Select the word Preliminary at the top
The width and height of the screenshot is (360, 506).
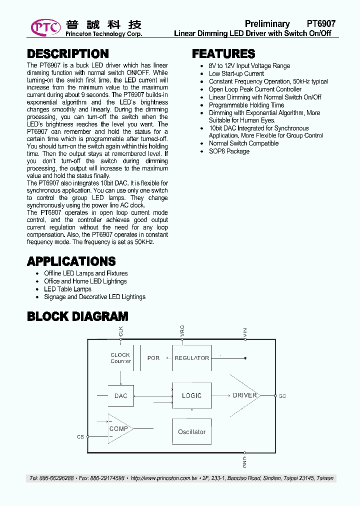click(x=267, y=23)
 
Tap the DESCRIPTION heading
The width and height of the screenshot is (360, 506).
click(x=67, y=54)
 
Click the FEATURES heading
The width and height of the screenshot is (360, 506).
click(x=223, y=54)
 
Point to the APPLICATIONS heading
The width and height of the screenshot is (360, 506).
click(x=71, y=261)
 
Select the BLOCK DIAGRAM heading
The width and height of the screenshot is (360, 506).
click(x=77, y=316)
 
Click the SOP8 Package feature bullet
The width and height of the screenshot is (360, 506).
click(x=229, y=151)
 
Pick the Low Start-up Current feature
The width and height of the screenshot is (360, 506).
click(x=236, y=73)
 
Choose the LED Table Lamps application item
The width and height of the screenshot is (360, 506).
click(x=67, y=289)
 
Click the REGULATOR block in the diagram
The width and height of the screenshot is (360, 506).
click(x=191, y=358)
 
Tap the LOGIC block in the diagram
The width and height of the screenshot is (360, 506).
click(x=191, y=395)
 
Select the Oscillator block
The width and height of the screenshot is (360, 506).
click(x=191, y=431)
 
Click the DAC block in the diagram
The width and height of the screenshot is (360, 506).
click(x=120, y=395)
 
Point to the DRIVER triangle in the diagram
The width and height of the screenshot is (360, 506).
click(x=244, y=395)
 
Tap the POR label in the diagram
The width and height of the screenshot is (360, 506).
click(x=153, y=358)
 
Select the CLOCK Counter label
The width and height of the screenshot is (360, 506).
click(x=120, y=358)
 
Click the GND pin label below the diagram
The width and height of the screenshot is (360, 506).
click(x=244, y=461)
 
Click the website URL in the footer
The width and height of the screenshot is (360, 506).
click(x=164, y=478)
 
